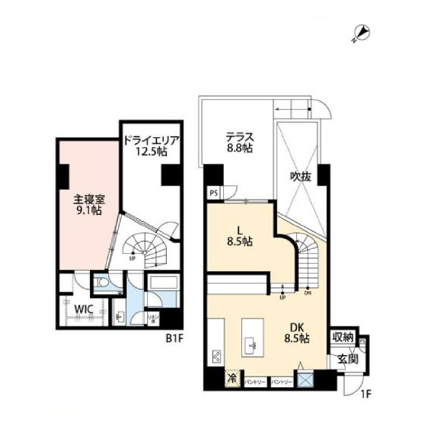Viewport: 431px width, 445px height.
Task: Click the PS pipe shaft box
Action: (213, 193)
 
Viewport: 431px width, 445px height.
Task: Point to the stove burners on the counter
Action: (215, 356)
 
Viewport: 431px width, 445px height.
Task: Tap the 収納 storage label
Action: (342, 338)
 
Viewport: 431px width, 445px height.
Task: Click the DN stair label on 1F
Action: (307, 293)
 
